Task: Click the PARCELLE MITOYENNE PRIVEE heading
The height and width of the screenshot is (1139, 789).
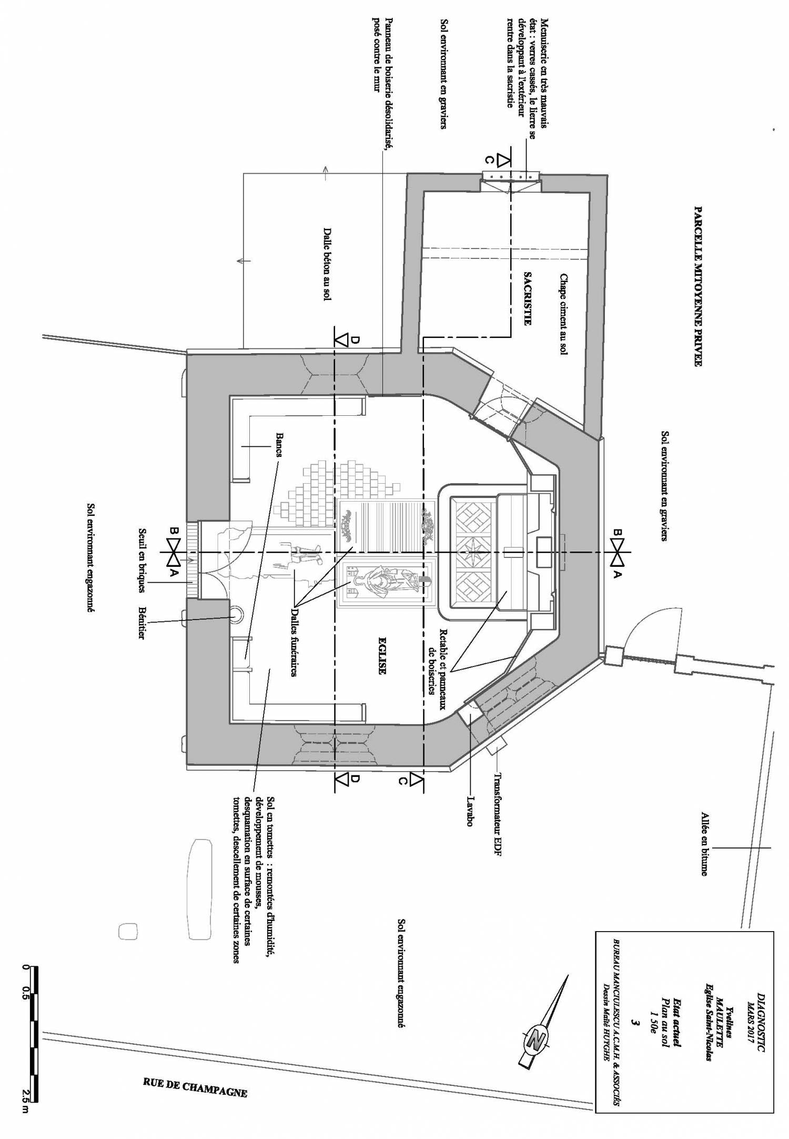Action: (699, 286)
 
